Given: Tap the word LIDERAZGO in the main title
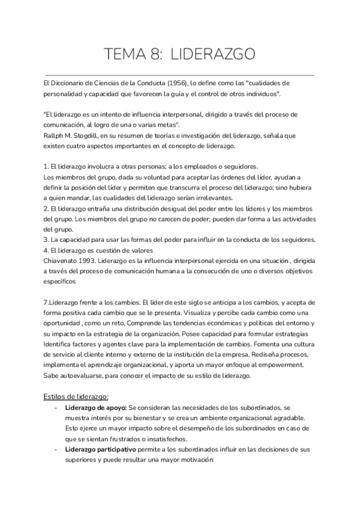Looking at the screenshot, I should click(x=214, y=55).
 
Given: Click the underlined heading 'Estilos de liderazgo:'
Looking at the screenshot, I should click(x=76, y=396).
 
